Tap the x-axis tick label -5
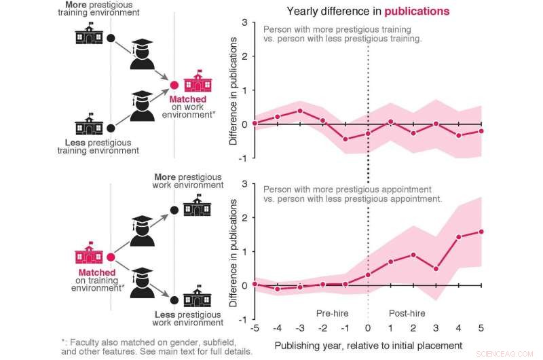254,329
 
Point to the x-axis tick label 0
369,329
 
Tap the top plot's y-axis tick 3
244,22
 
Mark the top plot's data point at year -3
299,111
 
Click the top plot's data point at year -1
345,139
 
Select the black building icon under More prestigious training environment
89,33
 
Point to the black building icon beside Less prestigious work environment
198,297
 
